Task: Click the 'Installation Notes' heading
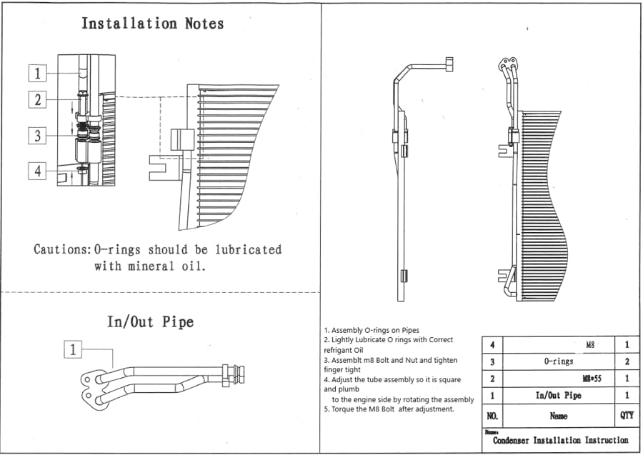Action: [x=153, y=24]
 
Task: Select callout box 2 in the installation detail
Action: [x=37, y=99]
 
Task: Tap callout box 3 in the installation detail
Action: [x=37, y=136]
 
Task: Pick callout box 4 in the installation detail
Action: [x=37, y=171]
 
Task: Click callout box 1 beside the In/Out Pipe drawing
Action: [x=73, y=350]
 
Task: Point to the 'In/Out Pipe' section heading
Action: [x=151, y=321]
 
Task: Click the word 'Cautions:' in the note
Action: [x=62, y=249]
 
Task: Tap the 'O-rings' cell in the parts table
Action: [x=559, y=361]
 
